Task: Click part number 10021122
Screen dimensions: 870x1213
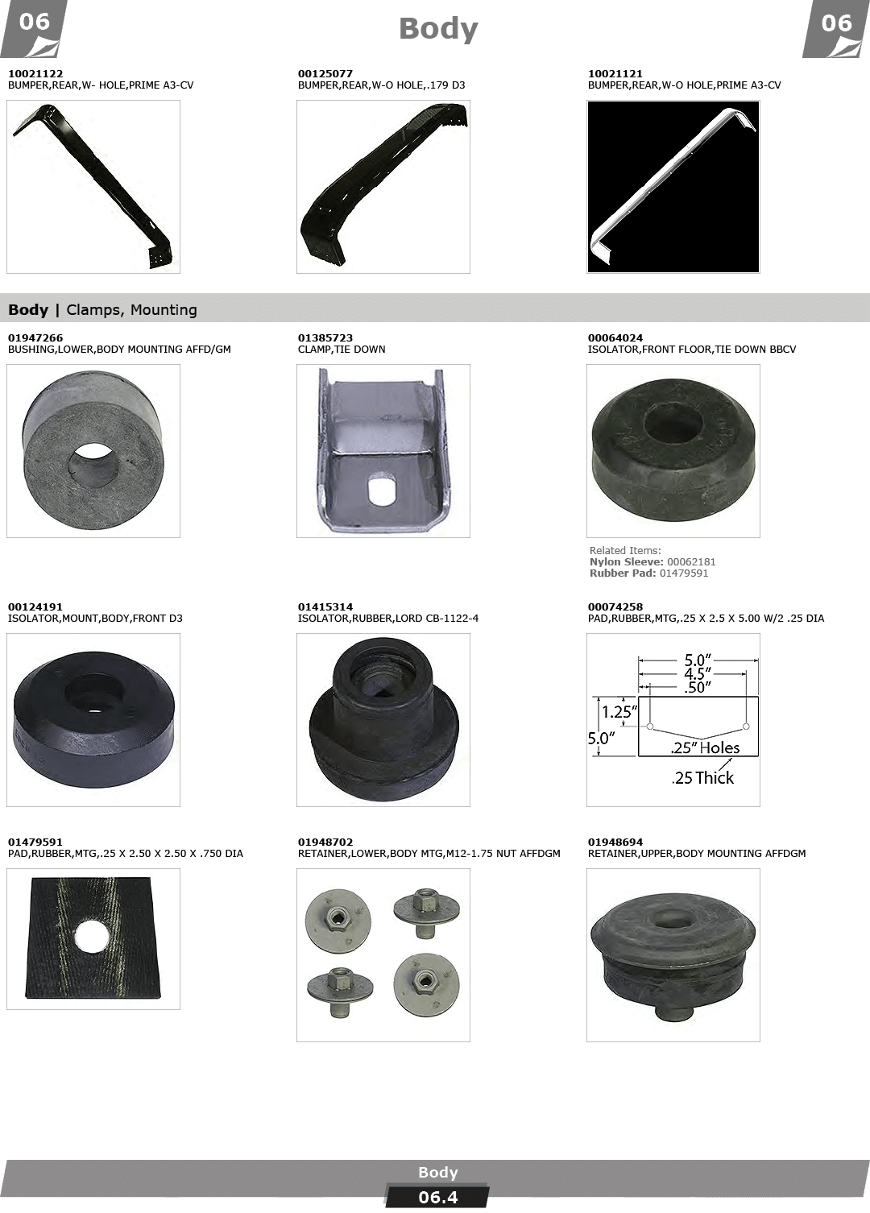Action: (x=35, y=73)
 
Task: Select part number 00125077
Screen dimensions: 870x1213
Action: (x=325, y=73)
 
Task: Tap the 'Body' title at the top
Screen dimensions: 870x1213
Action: (x=438, y=29)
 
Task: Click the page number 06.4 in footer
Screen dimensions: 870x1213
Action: (x=437, y=1197)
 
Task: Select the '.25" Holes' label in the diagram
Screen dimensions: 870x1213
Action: (x=705, y=747)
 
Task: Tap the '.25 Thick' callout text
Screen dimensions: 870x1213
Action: (x=702, y=778)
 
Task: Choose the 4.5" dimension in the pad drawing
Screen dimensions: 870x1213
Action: (x=697, y=673)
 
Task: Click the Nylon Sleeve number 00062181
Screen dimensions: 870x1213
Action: (x=691, y=562)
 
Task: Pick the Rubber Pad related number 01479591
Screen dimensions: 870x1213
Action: (x=684, y=573)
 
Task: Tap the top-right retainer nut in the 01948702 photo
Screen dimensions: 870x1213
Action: (x=426, y=912)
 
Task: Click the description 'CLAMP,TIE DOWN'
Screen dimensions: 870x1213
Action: (x=342, y=350)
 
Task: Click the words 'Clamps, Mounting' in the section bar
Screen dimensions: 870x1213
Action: (x=131, y=310)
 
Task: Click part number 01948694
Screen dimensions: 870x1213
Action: (x=615, y=842)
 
